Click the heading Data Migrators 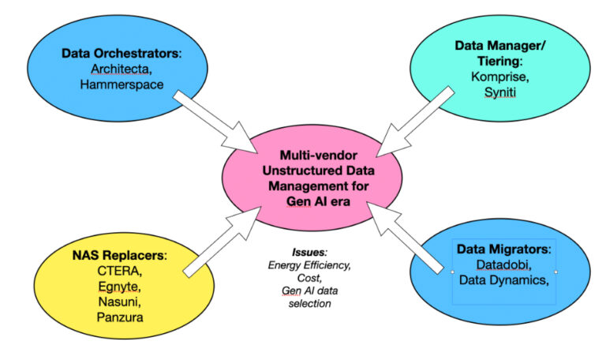(502, 249)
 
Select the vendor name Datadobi (502, 264)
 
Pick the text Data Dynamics (503, 279)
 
